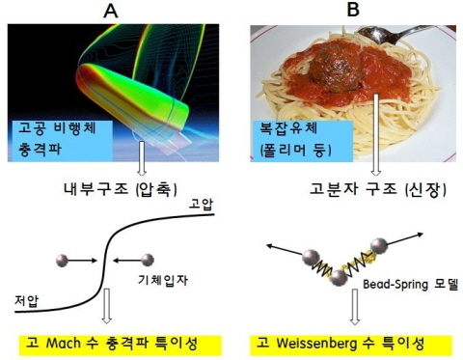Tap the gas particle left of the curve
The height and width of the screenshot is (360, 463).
[63, 260]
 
